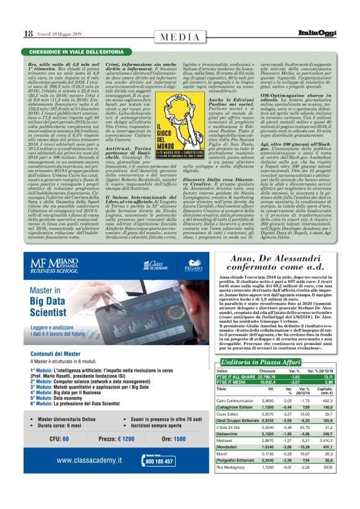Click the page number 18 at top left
coord(29,33)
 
